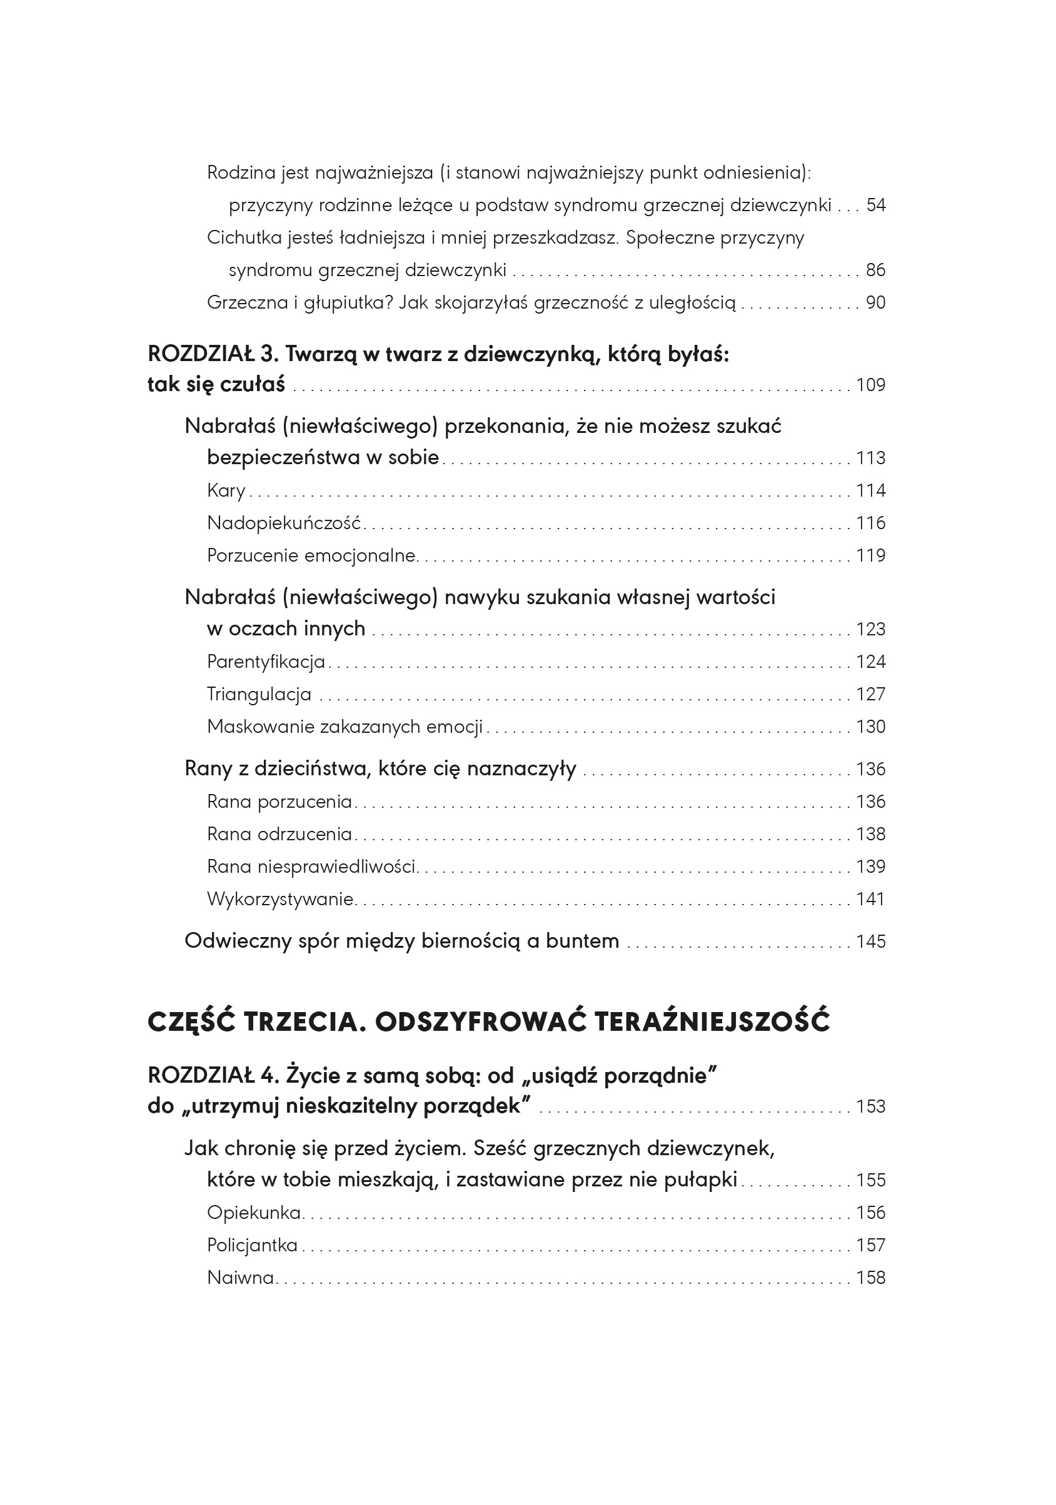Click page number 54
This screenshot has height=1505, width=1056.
click(876, 205)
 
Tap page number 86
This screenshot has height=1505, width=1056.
click(876, 270)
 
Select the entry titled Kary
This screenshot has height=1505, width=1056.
click(226, 490)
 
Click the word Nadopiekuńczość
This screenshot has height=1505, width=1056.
click(284, 523)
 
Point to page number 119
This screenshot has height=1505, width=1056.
click(870, 556)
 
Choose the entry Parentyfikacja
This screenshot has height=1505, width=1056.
click(266, 662)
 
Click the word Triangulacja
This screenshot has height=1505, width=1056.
click(259, 694)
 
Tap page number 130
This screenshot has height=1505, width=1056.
click(870, 727)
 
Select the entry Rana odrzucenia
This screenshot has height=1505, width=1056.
click(279, 834)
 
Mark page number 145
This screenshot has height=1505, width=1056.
click(870, 942)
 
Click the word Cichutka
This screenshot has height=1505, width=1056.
click(243, 237)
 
